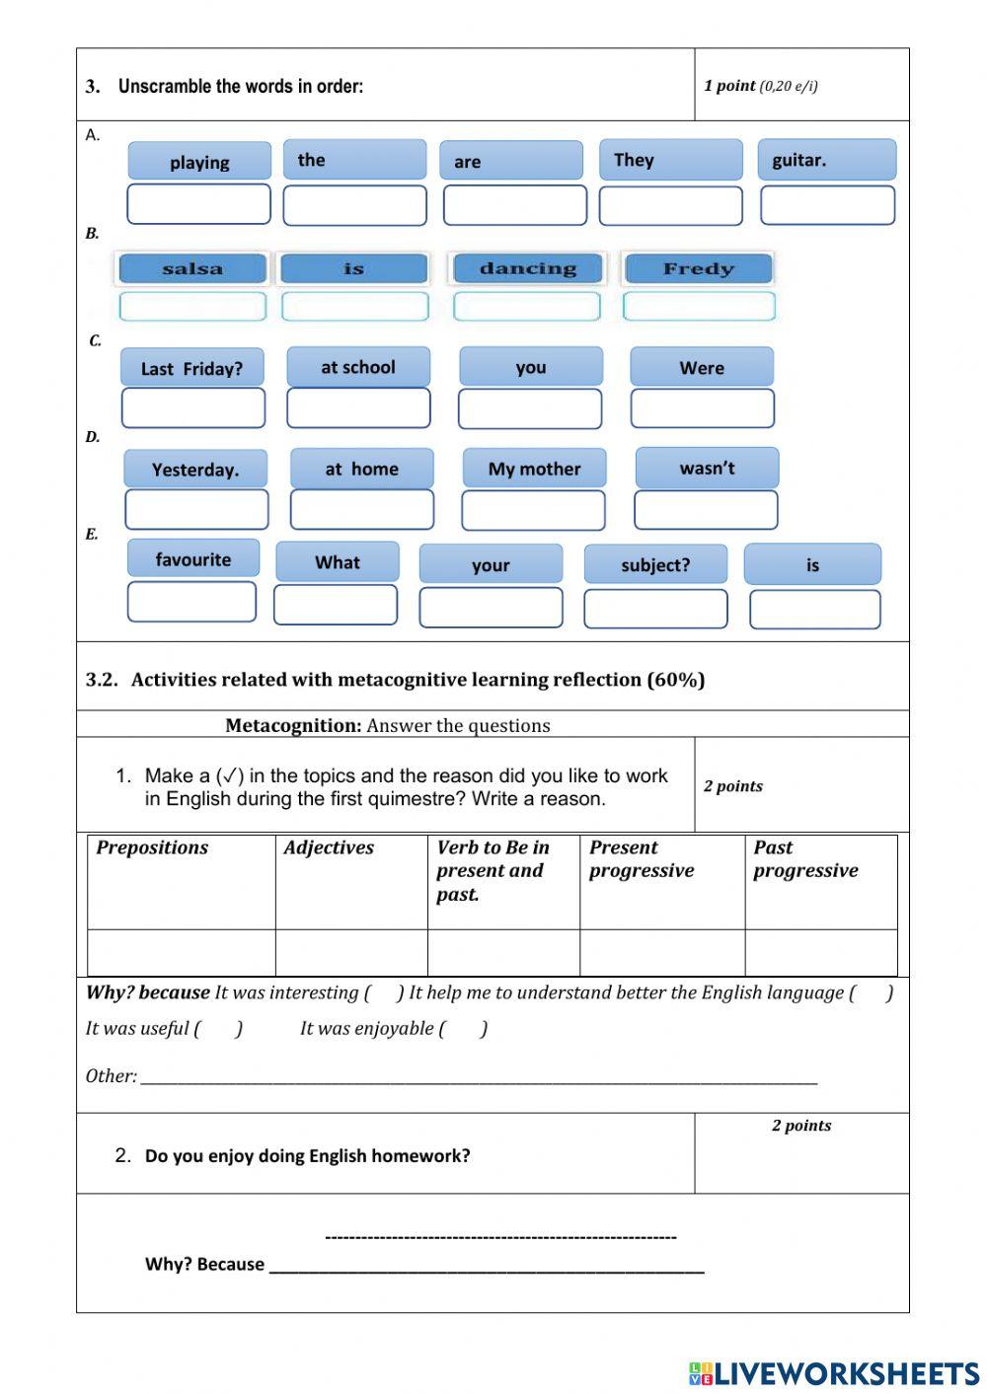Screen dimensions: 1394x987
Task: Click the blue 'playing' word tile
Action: [x=198, y=162]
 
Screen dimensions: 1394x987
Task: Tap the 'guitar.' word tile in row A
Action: [x=827, y=160]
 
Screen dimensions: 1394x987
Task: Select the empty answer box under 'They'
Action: [x=670, y=206]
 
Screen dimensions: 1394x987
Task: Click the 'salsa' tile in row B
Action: [x=192, y=268]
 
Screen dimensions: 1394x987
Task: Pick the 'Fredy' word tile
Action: [x=698, y=268]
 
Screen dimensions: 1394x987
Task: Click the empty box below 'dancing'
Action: [x=527, y=307]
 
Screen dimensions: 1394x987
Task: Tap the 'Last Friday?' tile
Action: [x=192, y=368]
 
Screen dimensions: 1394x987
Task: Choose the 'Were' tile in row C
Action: [x=702, y=367]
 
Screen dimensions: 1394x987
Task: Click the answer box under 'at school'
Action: [x=358, y=407]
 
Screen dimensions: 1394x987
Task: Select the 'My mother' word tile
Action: [x=534, y=469]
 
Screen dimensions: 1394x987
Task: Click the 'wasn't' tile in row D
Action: [x=707, y=468]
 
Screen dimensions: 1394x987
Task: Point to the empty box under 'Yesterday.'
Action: [x=196, y=509]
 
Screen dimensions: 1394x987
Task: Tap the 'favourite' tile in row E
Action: [x=193, y=558]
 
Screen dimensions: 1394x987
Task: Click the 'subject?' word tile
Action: [x=655, y=564]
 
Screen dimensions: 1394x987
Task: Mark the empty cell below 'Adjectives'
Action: [x=350, y=953]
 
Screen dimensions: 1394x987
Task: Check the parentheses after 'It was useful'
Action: [x=219, y=1028]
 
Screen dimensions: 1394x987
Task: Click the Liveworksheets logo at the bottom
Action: [x=833, y=1373]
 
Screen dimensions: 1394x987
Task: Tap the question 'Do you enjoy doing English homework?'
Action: [x=307, y=1155]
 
